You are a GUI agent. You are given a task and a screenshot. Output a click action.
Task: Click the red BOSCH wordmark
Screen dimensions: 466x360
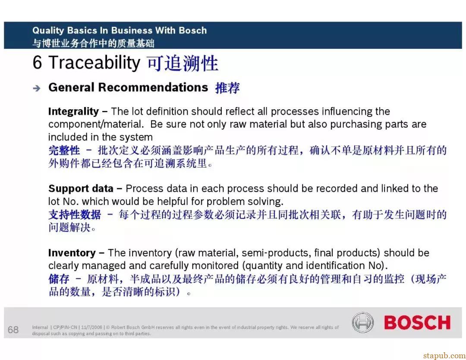[x=417, y=322]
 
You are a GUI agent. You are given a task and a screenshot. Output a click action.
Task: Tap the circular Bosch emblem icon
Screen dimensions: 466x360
[x=362, y=322]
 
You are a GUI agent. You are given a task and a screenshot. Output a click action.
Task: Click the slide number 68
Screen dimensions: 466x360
[x=13, y=330]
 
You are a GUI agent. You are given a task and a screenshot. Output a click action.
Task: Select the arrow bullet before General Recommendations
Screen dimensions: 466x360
[x=37, y=88]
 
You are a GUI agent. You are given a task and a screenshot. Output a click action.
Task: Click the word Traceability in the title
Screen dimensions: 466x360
[x=94, y=63]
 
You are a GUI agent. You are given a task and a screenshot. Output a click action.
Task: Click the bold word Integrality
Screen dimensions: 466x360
[x=73, y=111]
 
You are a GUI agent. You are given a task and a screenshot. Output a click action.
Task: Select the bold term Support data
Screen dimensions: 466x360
[x=81, y=189]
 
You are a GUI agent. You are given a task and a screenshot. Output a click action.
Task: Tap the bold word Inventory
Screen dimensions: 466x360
[x=72, y=253]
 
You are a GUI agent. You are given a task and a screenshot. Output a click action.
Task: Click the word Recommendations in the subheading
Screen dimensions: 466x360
[x=153, y=87]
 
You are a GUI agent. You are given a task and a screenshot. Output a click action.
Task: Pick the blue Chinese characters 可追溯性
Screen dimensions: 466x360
[x=183, y=63]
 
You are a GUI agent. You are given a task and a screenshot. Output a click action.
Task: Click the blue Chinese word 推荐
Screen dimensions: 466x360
[x=227, y=88]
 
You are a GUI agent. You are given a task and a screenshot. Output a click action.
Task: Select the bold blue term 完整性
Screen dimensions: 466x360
[x=64, y=150]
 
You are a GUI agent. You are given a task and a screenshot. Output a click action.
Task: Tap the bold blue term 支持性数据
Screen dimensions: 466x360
[x=75, y=215]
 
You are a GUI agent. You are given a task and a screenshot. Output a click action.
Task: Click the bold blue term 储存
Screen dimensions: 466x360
[x=59, y=279]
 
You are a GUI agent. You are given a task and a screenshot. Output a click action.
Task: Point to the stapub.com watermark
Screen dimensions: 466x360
[x=444, y=356]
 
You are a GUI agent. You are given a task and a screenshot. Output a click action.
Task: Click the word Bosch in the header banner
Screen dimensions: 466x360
[x=193, y=30]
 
